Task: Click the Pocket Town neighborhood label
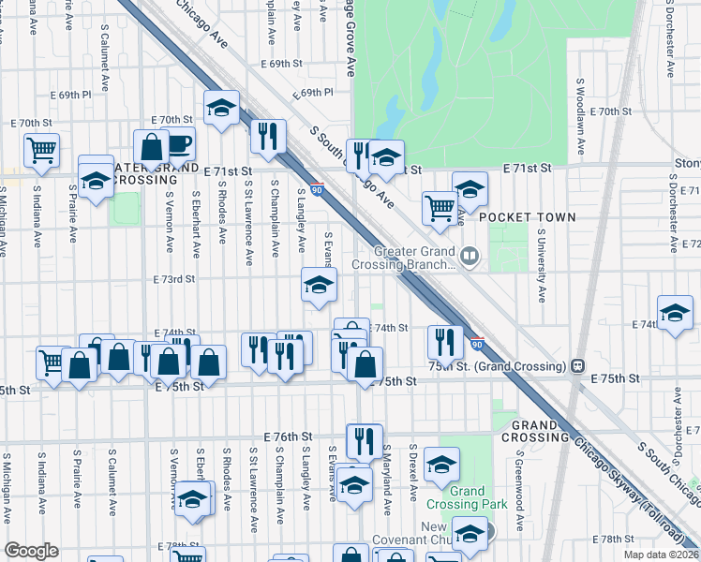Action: (528, 216)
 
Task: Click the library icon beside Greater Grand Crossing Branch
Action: (470, 254)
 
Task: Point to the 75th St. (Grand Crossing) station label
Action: (498, 364)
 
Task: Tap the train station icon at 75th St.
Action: (578, 364)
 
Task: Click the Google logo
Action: (31, 551)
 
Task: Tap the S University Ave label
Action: (542, 269)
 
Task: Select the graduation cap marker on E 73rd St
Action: (319, 285)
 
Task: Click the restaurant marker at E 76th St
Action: (365, 440)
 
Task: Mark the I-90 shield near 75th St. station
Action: (477, 345)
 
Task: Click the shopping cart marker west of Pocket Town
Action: (440, 208)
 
